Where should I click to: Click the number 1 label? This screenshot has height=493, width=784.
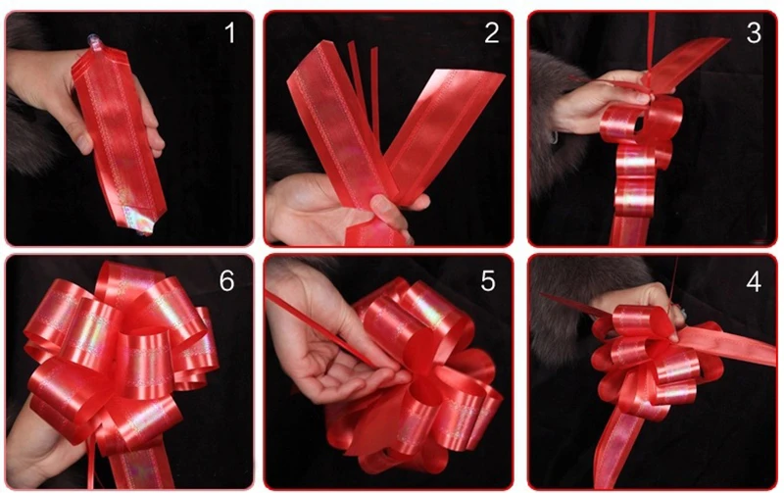pyautogui.click(x=229, y=33)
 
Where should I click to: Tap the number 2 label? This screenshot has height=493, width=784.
pyautogui.click(x=492, y=33)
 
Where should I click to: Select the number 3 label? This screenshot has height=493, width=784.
pyautogui.click(x=754, y=33)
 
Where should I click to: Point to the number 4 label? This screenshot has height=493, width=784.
pyautogui.click(x=754, y=281)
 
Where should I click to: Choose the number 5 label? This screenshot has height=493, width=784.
pyautogui.click(x=488, y=281)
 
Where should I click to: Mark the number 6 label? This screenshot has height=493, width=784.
pyautogui.click(x=227, y=281)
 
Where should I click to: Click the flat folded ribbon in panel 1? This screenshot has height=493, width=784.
pyautogui.click(x=118, y=135)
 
